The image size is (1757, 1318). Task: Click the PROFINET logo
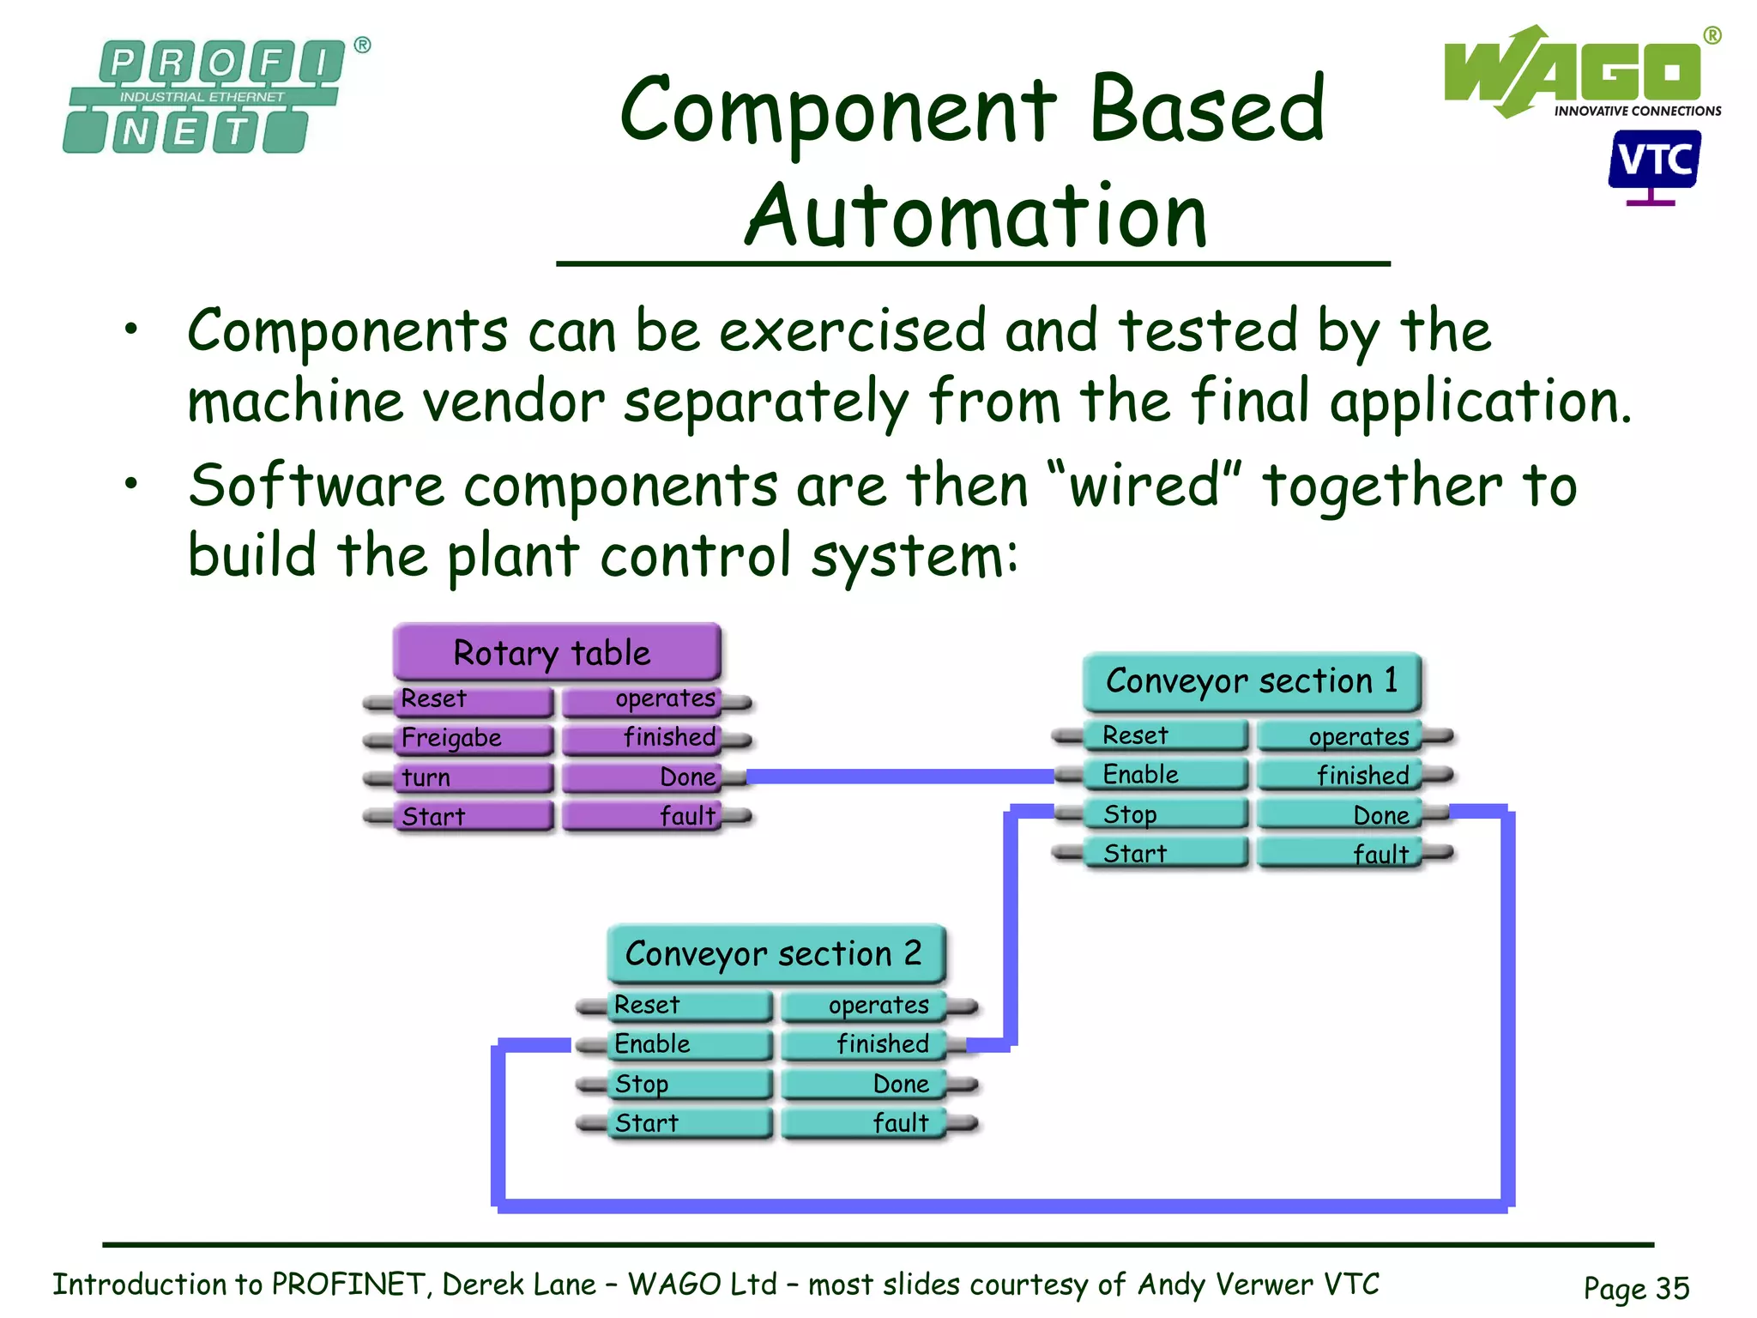[206, 96]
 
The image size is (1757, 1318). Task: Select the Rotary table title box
[556, 653]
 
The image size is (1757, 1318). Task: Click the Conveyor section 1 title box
[1252, 681]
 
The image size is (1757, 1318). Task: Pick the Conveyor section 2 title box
[775, 954]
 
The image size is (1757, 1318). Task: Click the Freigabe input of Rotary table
[472, 739]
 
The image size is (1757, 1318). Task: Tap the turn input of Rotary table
[472, 778]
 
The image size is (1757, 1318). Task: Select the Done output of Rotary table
[643, 778]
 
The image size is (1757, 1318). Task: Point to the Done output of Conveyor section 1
[1338, 815]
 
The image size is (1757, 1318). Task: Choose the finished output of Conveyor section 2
[862, 1044]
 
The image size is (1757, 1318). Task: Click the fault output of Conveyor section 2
[862, 1123]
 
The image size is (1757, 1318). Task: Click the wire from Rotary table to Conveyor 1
[901, 777]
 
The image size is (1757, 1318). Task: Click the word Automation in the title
[975, 216]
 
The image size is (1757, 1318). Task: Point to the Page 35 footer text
[1636, 1288]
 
